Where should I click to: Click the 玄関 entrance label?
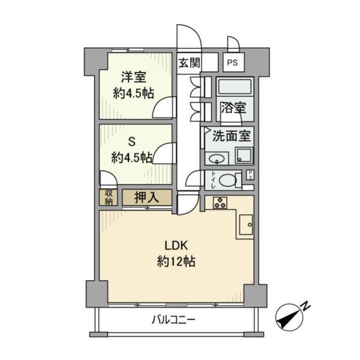point(190,62)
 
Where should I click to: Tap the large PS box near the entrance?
point(233,62)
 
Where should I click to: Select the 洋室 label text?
point(134,77)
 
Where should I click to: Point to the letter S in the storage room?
point(132,142)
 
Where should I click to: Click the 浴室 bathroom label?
point(234,107)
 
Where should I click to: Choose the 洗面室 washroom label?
point(232,136)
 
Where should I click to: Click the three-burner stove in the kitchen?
point(220,203)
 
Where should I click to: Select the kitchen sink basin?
point(246,224)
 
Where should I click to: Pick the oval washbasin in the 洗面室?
point(217,158)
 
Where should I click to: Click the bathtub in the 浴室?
point(235,86)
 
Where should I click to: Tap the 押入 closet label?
point(147,197)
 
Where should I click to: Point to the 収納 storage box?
point(109,197)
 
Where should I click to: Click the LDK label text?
point(176,245)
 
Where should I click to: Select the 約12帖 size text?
point(176,262)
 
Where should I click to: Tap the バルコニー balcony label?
point(173,320)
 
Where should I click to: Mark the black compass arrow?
point(290,318)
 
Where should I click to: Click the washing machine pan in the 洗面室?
point(244,155)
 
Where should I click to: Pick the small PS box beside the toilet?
point(250,175)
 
